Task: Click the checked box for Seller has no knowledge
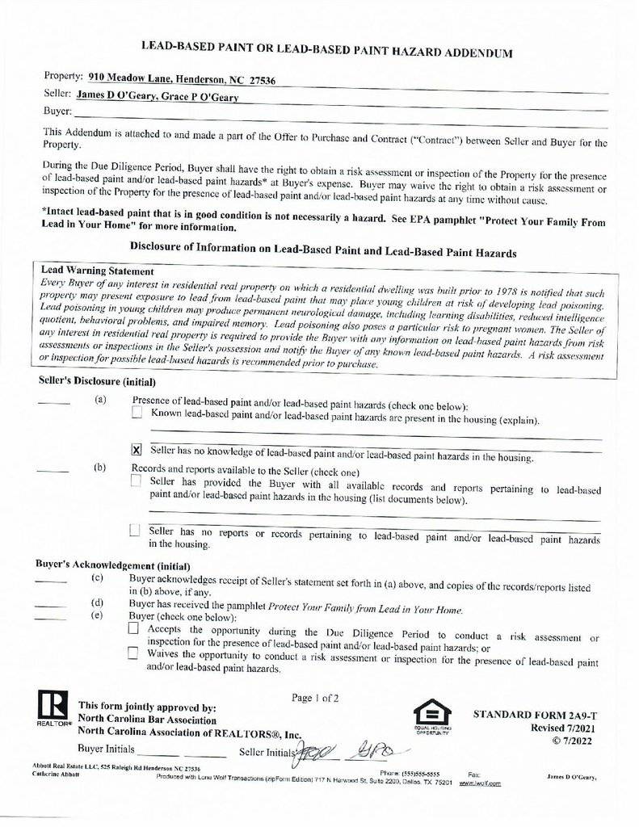click(137, 450)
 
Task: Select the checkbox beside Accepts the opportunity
click(133, 629)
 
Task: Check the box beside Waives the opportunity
click(133, 653)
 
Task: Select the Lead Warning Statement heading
click(97, 271)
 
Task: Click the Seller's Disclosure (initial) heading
click(97, 381)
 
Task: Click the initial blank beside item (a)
click(54, 401)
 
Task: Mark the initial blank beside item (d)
click(50, 605)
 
